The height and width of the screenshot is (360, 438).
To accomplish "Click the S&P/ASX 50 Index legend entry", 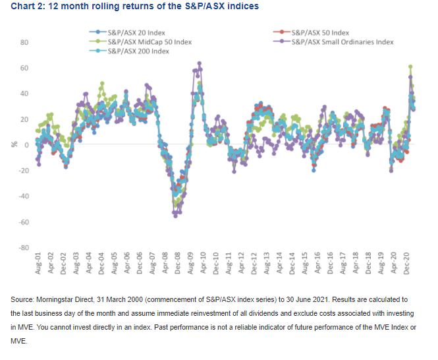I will (319, 32).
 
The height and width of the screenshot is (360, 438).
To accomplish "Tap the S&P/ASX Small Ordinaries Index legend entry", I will (342, 42).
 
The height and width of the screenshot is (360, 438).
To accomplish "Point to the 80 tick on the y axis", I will (24, 42).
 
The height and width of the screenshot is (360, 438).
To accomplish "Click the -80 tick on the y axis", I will (23, 248).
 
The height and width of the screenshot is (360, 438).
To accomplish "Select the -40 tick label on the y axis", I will (23, 196).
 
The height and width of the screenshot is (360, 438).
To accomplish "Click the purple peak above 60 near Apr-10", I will (199, 63).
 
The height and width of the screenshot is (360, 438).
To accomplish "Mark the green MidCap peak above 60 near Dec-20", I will (410, 67).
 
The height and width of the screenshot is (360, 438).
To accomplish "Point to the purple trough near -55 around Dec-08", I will (175, 216).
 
